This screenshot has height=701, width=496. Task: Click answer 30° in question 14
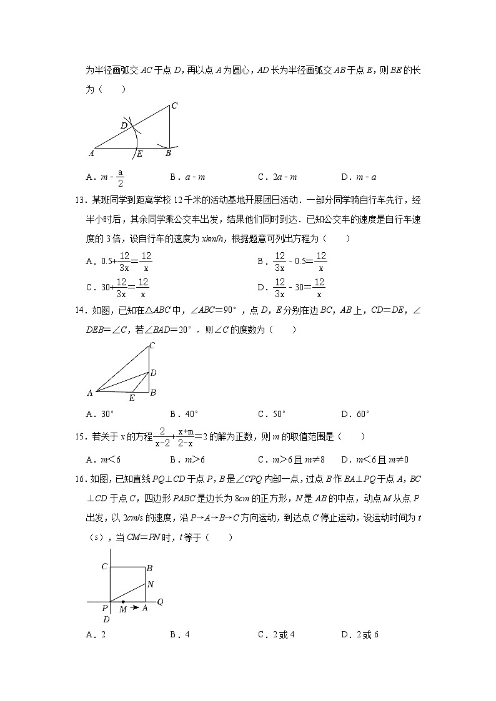pos(100,413)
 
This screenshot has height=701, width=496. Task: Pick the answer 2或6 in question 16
pos(360,635)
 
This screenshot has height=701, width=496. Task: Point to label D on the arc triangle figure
pos(124,126)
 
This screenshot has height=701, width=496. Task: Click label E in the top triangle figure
pos(139,154)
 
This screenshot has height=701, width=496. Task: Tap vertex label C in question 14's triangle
pos(152,345)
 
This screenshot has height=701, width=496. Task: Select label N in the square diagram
pos(150,585)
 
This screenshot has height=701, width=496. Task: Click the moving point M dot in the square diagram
pos(123,602)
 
